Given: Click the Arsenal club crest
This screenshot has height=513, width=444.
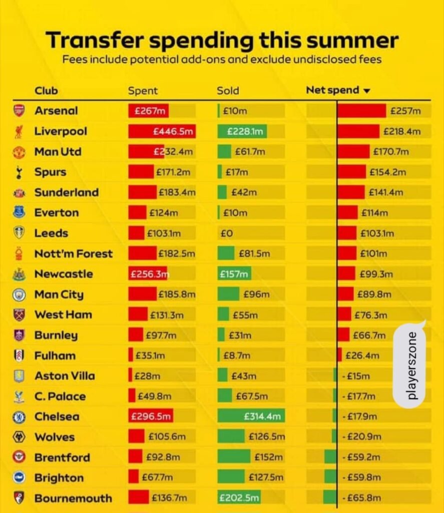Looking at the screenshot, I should [x=19, y=111].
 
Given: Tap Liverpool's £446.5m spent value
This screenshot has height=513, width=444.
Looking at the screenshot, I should [x=173, y=131].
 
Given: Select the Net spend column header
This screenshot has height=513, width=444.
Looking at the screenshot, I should [x=332, y=90].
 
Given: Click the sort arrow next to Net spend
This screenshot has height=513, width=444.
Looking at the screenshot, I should [x=366, y=91].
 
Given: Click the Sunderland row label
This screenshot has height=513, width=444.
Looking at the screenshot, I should [x=66, y=192].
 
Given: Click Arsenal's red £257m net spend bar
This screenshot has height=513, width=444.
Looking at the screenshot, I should [x=361, y=111].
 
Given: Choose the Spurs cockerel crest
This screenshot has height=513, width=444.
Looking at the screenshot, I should [x=19, y=172].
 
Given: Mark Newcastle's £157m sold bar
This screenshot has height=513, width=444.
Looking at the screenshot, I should [x=234, y=274].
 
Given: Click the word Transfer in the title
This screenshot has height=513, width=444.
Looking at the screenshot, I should [x=94, y=40].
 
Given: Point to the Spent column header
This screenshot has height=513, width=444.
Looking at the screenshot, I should [x=143, y=91].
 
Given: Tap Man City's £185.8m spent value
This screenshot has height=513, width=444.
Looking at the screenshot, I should [x=177, y=295].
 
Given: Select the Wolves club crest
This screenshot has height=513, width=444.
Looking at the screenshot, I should [x=19, y=437].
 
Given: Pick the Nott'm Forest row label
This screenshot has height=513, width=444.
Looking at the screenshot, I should [x=73, y=253].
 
